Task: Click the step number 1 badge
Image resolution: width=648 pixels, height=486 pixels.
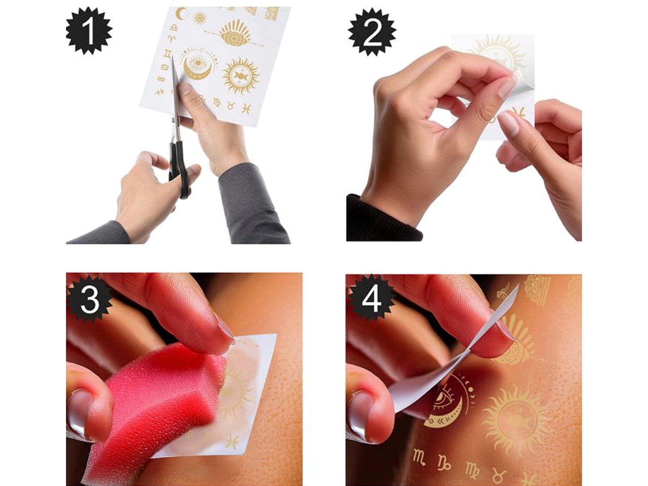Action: [89, 31]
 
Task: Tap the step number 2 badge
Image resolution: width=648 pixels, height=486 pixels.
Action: [372, 32]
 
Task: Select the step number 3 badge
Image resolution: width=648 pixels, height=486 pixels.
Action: [90, 300]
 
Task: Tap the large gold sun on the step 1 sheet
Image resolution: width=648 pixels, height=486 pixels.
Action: [241, 76]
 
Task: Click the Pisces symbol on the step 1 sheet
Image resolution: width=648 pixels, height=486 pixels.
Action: [246, 108]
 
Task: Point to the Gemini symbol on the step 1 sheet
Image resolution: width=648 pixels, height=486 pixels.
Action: [168, 54]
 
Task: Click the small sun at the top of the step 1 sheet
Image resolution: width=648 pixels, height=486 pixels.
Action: [200, 18]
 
